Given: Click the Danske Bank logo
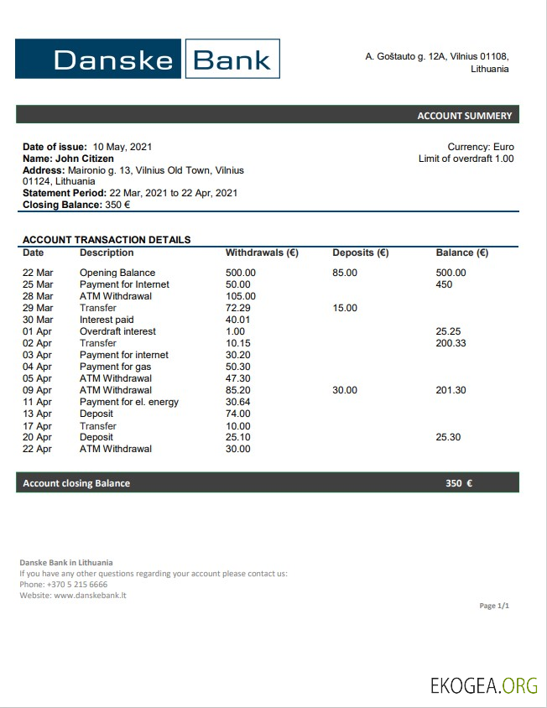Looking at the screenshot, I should click(x=148, y=59).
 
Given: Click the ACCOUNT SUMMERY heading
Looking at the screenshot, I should click(x=464, y=116).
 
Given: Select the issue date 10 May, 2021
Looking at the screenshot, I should click(x=122, y=147).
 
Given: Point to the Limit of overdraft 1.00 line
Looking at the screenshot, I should click(x=466, y=159).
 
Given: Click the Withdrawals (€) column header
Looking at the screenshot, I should click(x=262, y=252).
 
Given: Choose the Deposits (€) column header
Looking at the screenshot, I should click(x=360, y=252).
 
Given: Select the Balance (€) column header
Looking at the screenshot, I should click(x=461, y=252).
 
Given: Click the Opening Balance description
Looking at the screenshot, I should click(x=117, y=273).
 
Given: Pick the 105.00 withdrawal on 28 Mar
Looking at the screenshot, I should click(x=241, y=296).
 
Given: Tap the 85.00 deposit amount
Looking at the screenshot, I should click(x=345, y=273).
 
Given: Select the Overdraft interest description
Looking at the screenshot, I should click(x=117, y=331).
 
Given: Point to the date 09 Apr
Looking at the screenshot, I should click(x=37, y=390).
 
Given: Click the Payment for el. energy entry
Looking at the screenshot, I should click(x=129, y=402).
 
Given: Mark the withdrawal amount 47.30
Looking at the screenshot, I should click(x=238, y=378).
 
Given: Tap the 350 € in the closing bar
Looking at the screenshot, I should click(x=458, y=483).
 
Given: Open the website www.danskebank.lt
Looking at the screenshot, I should click(x=90, y=596).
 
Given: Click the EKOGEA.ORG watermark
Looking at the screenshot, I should click(x=484, y=685).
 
